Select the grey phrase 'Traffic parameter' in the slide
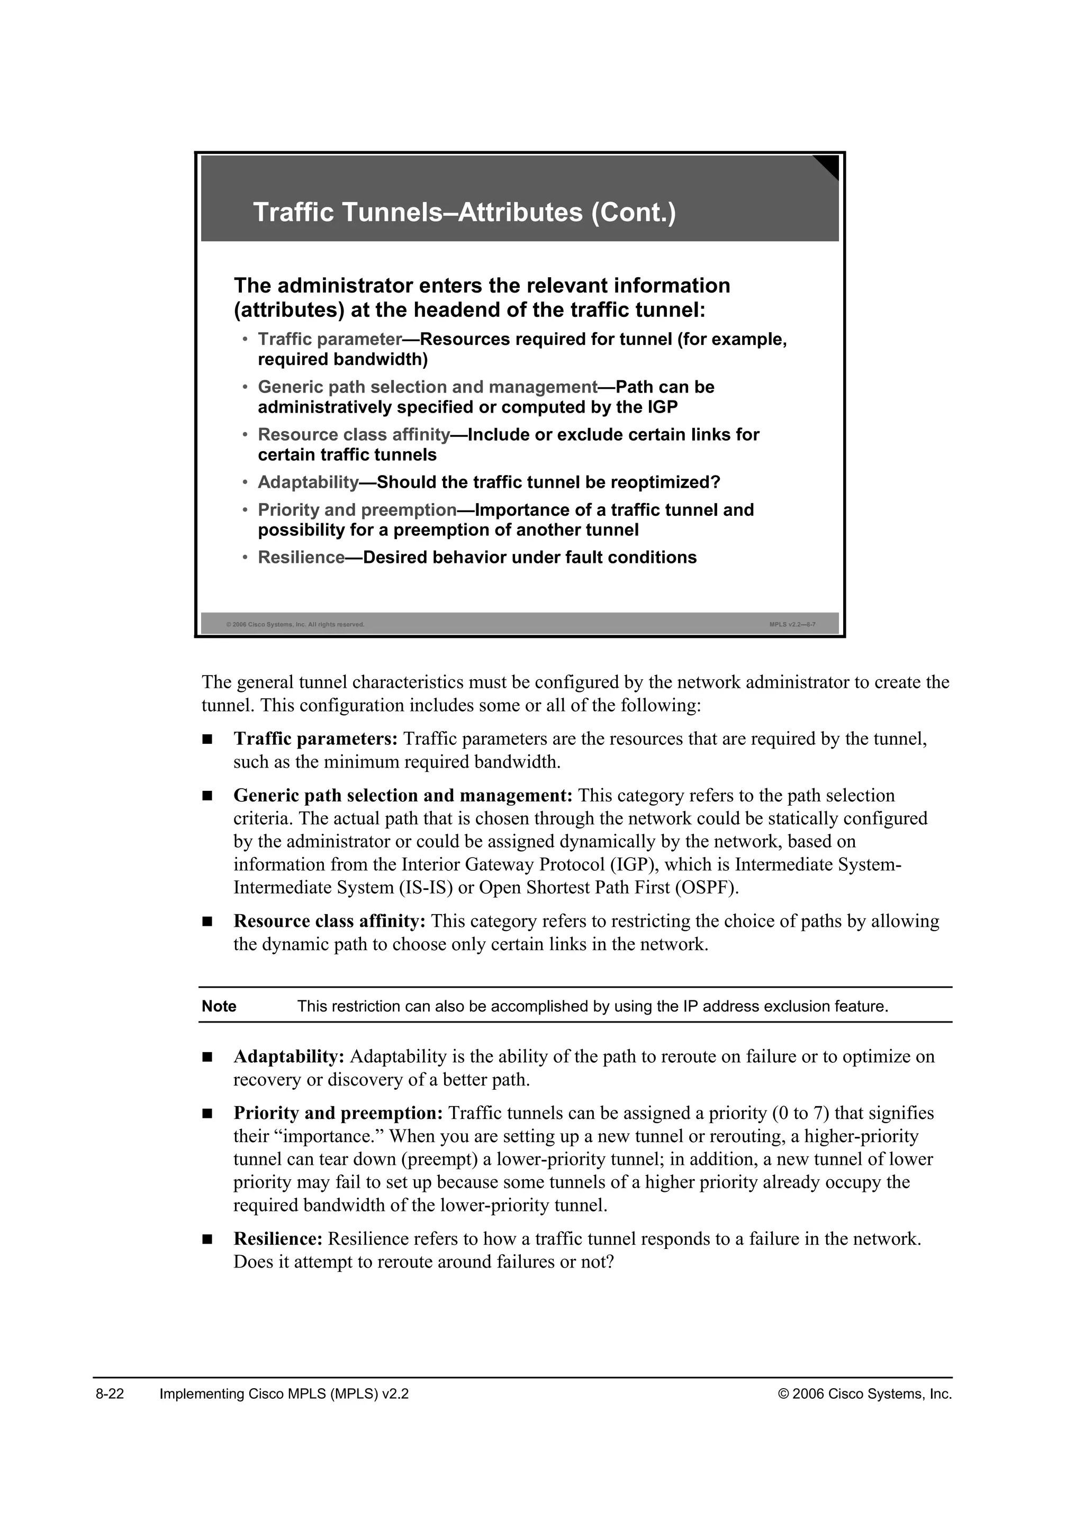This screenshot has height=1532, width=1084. (329, 340)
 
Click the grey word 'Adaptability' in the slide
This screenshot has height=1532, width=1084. (309, 482)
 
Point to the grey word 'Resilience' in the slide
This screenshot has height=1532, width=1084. (301, 558)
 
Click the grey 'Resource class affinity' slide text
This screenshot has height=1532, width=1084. (354, 435)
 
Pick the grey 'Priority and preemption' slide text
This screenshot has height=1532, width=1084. (357, 510)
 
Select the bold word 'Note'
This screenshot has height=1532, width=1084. (219, 1006)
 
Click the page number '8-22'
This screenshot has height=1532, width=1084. (110, 1394)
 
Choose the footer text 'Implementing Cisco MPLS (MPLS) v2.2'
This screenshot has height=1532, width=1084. (284, 1394)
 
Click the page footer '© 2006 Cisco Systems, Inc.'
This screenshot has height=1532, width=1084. (865, 1394)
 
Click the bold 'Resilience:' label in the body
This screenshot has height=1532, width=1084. (278, 1238)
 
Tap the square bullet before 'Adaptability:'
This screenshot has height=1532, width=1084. (207, 1057)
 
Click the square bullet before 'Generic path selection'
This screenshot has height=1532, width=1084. (207, 796)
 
